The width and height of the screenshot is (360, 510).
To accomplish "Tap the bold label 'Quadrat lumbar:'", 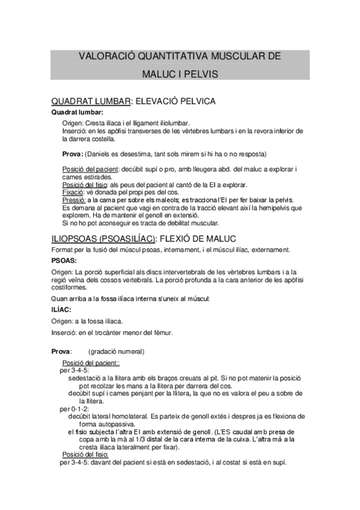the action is click(77, 112).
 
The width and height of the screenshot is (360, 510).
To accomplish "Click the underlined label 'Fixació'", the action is click(74, 192).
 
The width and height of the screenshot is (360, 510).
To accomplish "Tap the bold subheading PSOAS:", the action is click(63, 261).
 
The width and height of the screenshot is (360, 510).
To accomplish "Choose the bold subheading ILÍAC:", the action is click(62, 309).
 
